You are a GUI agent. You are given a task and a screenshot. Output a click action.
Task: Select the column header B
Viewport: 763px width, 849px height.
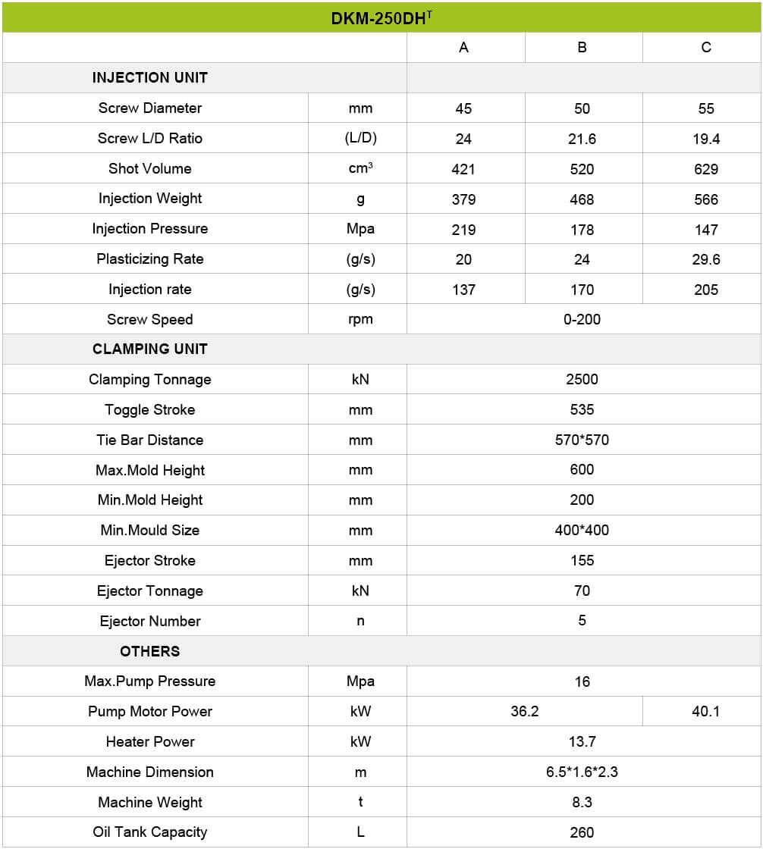click(582, 48)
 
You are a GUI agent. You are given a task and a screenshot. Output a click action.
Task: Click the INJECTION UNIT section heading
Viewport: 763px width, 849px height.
click(149, 77)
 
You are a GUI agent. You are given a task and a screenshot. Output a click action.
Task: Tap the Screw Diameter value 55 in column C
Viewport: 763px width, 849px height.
click(705, 108)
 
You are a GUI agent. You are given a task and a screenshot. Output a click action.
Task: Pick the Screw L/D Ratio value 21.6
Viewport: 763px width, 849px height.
click(582, 139)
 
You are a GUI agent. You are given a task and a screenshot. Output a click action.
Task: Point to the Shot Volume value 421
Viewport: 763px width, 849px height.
click(463, 169)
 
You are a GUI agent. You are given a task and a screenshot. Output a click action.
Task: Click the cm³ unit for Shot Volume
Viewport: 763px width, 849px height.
click(360, 168)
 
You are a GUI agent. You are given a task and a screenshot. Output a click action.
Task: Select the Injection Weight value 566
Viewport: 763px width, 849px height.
click(705, 199)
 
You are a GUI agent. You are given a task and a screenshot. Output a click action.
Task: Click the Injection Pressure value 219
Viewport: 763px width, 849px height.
click(463, 230)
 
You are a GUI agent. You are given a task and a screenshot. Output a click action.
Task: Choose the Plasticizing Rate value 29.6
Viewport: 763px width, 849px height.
click(705, 259)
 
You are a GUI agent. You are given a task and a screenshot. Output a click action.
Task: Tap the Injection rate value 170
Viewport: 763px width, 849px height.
click(582, 290)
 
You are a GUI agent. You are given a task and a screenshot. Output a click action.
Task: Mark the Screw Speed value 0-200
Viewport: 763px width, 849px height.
click(582, 319)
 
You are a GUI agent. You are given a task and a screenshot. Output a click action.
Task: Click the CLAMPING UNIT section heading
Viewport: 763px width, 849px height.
click(149, 349)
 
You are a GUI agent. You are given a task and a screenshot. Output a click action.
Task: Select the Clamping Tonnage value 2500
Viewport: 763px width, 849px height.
click(582, 379)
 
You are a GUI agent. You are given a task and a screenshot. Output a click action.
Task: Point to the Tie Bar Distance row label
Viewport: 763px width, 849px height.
click(149, 440)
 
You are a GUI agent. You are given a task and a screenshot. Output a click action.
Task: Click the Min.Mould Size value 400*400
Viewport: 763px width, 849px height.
click(582, 531)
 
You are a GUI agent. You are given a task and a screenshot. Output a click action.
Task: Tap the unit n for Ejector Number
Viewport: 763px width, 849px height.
click(360, 621)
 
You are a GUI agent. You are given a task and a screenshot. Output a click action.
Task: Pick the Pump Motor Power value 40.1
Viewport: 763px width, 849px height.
click(705, 712)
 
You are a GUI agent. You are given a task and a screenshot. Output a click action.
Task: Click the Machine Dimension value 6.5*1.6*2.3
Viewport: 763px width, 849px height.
click(582, 772)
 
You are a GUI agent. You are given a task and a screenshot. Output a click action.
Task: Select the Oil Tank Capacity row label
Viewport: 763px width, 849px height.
click(149, 832)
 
